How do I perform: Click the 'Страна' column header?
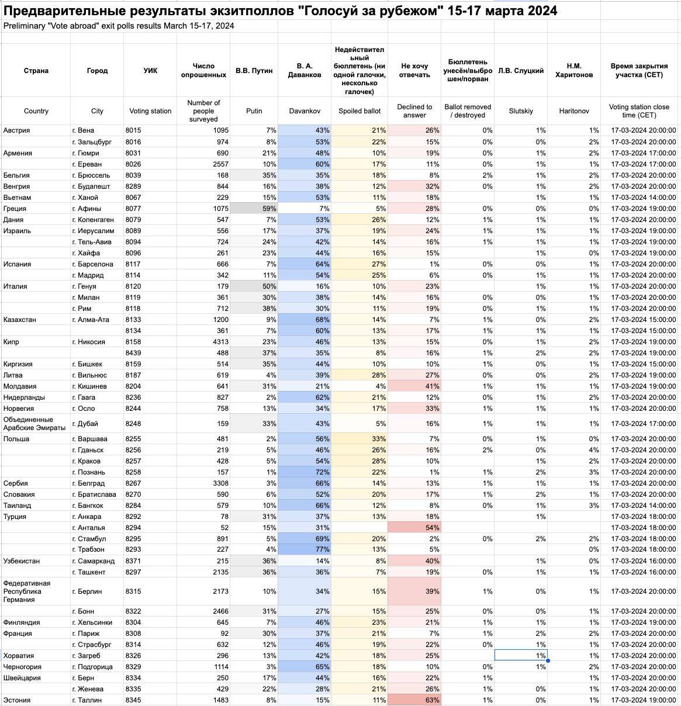[36, 71]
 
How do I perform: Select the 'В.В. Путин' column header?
[254, 71]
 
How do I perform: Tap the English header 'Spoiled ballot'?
[359, 111]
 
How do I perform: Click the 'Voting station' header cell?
[150, 111]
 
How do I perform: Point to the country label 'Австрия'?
[17, 130]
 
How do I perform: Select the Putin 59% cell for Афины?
[254, 209]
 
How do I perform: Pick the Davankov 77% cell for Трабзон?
[305, 549]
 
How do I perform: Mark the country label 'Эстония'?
[17, 700]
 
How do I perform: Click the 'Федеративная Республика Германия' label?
[27, 591]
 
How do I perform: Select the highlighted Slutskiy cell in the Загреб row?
[521, 656]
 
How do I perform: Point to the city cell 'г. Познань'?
[91, 472]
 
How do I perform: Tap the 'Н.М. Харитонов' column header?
[573, 71]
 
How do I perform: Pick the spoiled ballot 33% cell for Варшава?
[359, 439]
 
